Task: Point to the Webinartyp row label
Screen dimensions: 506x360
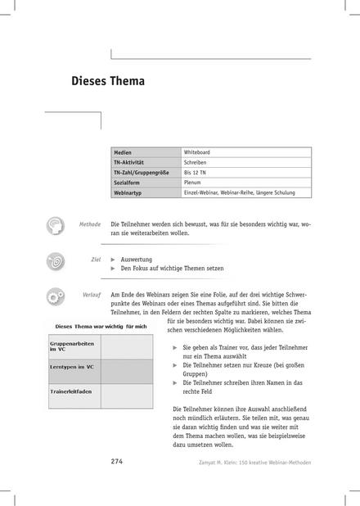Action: coord(130,192)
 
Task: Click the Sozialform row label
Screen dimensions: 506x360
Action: coord(129,183)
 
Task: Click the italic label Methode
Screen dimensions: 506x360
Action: coord(89,224)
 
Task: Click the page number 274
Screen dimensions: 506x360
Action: coord(115,462)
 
